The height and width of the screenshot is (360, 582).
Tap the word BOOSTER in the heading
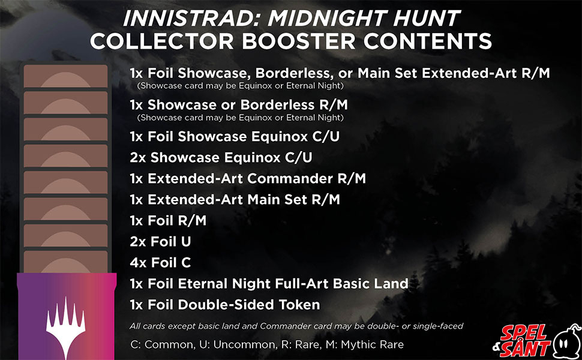299,41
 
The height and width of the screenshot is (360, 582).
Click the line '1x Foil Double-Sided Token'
225,305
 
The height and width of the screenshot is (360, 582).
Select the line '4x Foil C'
160,263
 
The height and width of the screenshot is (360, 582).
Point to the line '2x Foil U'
160,242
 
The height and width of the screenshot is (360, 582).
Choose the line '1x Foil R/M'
168,220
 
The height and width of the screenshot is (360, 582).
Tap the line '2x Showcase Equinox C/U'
221,157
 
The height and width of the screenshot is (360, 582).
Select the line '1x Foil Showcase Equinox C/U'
235,137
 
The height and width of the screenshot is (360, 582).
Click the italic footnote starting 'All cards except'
296,326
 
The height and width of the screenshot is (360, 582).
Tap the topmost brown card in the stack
65,76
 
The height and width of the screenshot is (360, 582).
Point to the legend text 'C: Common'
163,344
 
